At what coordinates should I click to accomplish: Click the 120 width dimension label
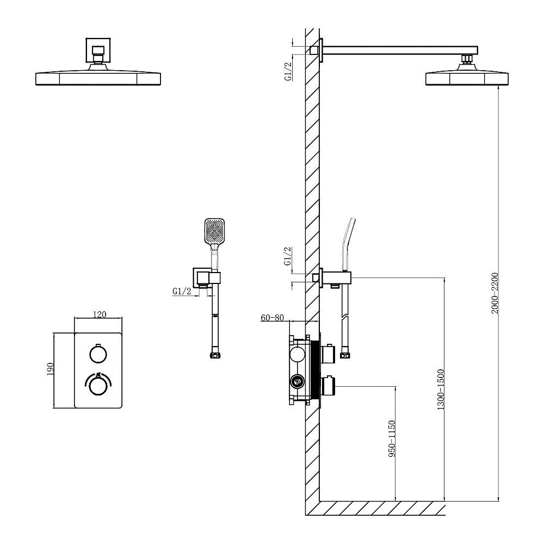pyautogui.click(x=100, y=314)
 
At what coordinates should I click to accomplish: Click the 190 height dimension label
pyautogui.click(x=50, y=370)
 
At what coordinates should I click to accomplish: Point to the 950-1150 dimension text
pyautogui.click(x=391, y=438)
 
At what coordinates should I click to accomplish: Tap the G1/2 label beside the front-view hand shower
pyautogui.click(x=182, y=292)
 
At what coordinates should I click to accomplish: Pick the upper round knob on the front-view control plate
pyautogui.click(x=97, y=354)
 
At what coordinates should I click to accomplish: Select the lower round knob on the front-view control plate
pyautogui.click(x=97, y=386)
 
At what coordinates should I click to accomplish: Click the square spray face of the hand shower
pyautogui.click(x=214, y=231)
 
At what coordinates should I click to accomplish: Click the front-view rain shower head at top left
pyautogui.click(x=98, y=78)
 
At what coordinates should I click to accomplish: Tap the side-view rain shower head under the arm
pyautogui.click(x=467, y=78)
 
